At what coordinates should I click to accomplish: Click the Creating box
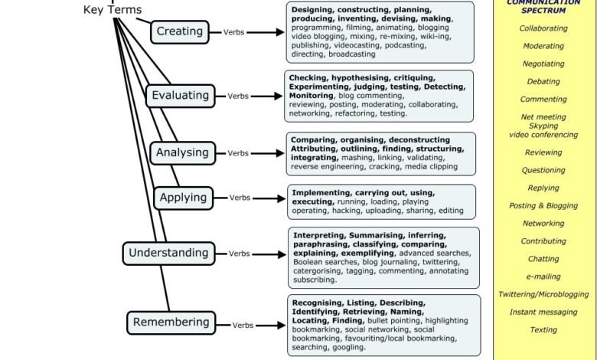pos(179,31)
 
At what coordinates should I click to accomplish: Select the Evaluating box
pos(180,96)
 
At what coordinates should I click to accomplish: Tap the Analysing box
pos(181,152)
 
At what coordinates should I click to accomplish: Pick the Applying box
pos(184,198)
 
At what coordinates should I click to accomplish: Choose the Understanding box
pos(168,253)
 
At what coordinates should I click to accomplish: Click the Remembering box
pos(171,322)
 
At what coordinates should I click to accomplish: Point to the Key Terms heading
pos(112,10)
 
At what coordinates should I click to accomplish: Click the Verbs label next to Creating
pos(233,33)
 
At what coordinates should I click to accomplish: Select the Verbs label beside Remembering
pos(243,325)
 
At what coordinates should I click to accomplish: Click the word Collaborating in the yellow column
pos(543,28)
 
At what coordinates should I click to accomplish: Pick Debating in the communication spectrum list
pos(543,82)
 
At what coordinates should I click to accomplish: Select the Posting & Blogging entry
pos(543,206)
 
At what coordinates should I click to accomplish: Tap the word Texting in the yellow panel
pos(543,330)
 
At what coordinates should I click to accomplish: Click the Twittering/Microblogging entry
pos(543,294)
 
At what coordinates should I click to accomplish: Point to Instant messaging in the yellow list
pos(543,313)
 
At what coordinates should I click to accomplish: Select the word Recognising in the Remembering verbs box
pos(317,303)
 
